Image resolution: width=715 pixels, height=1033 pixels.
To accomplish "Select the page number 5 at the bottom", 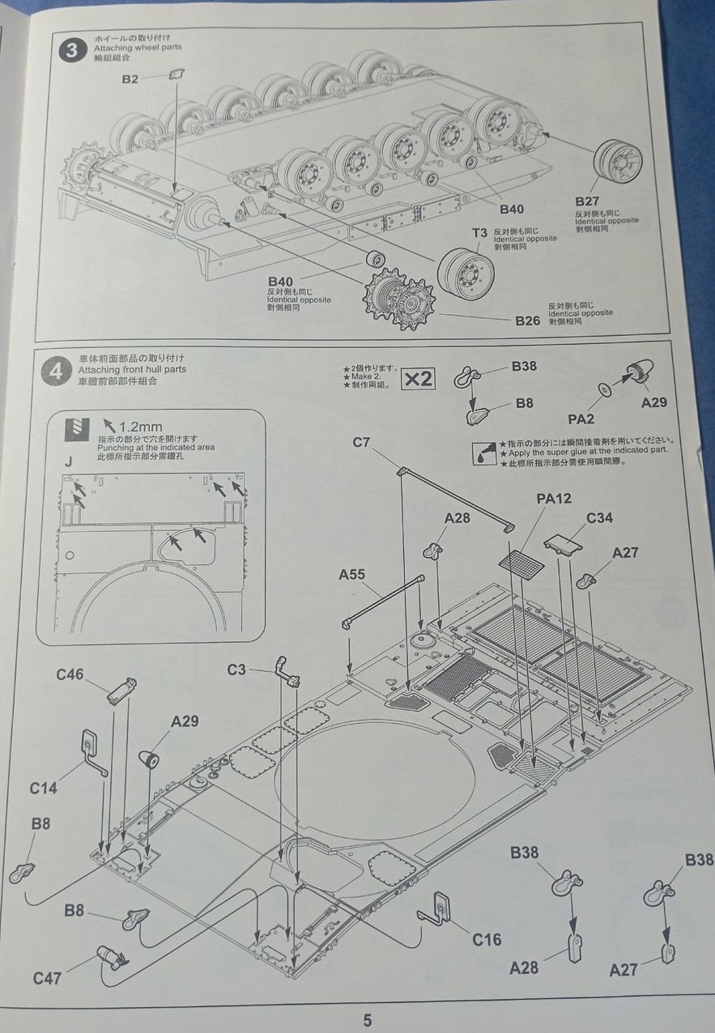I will (367, 1020).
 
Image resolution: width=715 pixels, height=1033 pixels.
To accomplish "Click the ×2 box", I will (419, 378).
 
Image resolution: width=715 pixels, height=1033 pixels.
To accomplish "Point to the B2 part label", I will (130, 79).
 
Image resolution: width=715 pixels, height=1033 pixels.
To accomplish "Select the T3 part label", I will (480, 232).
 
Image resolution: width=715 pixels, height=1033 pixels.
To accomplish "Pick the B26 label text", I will (527, 321).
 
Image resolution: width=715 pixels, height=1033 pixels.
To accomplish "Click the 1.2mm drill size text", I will (140, 427).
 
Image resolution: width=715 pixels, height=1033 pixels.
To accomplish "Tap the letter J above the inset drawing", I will (69, 461).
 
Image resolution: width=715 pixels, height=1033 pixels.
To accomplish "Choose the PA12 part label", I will (555, 499).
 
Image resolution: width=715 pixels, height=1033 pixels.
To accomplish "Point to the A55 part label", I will (352, 574).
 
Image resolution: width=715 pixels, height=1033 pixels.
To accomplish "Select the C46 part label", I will (70, 674).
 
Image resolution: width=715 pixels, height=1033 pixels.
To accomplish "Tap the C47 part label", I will (48, 977).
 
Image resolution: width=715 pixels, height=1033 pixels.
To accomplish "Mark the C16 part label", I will (487, 939).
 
